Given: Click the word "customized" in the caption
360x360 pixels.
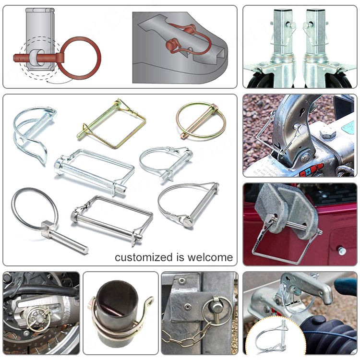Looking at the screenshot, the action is coord(144,257).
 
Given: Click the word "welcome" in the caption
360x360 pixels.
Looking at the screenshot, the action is coord(210,257).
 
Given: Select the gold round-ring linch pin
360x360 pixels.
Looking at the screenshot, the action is coord(201,121).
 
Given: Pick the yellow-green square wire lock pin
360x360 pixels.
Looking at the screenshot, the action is coord(111,124).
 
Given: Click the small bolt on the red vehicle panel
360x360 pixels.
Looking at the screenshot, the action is coord(342,251).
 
